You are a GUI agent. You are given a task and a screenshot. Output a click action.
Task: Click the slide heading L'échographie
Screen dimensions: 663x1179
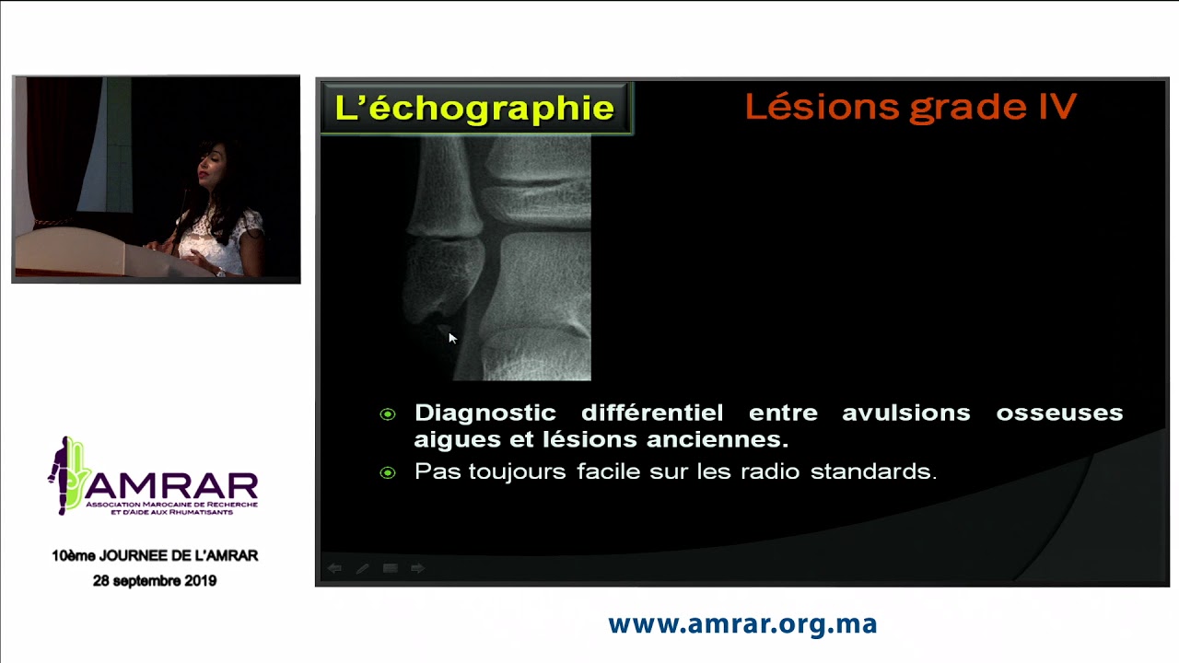pyautogui.click(x=474, y=109)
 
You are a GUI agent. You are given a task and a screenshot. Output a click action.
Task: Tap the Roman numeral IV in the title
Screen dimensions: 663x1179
pyautogui.click(x=1056, y=107)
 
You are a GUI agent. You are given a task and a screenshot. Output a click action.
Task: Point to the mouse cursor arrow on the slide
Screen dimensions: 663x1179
pyautogui.click(x=451, y=338)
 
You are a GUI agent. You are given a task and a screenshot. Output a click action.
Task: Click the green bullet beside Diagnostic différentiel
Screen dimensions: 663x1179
pyautogui.click(x=388, y=414)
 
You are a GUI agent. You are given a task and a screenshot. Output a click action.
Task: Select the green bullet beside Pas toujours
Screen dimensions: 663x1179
pyautogui.click(x=388, y=472)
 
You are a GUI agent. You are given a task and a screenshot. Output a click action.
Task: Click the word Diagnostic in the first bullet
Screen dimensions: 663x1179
pyautogui.click(x=484, y=413)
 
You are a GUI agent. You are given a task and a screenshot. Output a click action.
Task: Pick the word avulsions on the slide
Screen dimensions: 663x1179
pyautogui.click(x=905, y=413)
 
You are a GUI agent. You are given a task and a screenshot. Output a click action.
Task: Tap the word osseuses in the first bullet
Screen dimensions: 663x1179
pyautogui.click(x=1059, y=413)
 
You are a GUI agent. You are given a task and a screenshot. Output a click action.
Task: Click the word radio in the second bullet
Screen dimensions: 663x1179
pyautogui.click(x=770, y=471)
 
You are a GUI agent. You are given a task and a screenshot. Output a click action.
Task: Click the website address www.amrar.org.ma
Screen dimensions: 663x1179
pyautogui.click(x=742, y=624)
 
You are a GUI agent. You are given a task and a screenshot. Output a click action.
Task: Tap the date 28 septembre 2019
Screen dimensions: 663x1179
pyautogui.click(x=155, y=581)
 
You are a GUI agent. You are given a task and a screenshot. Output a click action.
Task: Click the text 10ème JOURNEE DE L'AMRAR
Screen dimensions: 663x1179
pyautogui.click(x=155, y=556)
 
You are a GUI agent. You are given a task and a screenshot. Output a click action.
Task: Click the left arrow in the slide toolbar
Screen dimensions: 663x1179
pyautogui.click(x=335, y=568)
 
